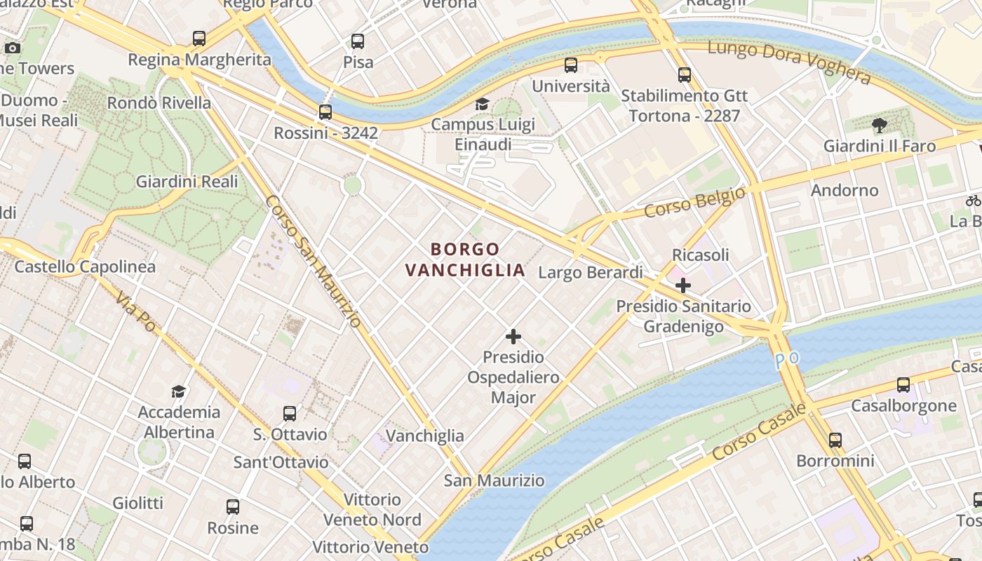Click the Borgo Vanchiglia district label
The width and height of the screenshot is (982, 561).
pos(465,259)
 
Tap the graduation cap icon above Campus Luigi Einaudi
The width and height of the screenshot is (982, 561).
pos(482,104)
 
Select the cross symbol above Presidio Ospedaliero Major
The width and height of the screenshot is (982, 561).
pos(513,337)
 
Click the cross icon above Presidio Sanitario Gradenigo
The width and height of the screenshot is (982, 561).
pos(682,285)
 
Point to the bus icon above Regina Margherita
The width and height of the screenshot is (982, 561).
pos(199,39)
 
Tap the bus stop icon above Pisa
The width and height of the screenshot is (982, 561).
pos(358,41)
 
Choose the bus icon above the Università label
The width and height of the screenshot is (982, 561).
pos(571,65)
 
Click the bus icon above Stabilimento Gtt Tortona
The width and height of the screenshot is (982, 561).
pos(684,74)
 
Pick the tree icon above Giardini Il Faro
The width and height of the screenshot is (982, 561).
pos(879,126)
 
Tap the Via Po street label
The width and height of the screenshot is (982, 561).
pos(136,312)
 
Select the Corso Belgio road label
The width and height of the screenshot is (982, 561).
pos(694,201)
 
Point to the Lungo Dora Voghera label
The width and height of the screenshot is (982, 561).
pos(788,62)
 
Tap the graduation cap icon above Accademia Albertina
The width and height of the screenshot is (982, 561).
pos(179,391)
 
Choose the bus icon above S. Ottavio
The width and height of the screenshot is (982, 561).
pos(290,414)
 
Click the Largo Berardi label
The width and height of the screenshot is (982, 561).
pos(590,272)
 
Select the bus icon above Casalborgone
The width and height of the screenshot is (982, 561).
pos(903,385)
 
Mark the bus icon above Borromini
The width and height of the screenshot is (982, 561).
pos(835,440)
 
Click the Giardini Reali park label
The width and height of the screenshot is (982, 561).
pos(187,182)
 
